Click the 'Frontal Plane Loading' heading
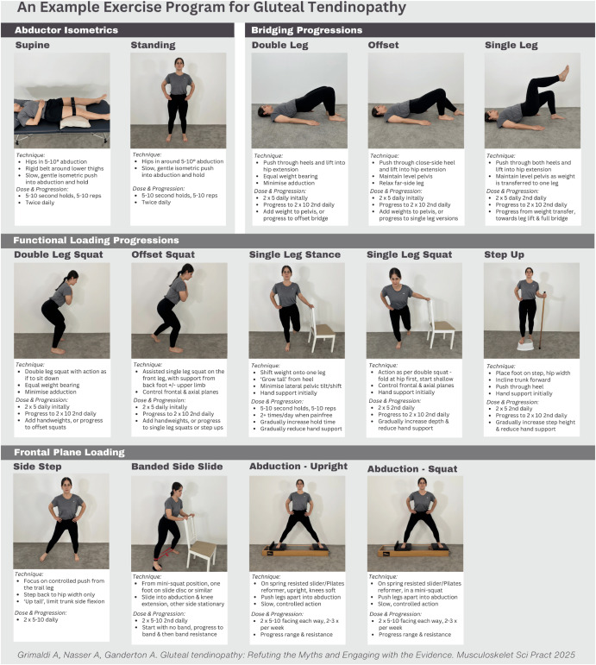pos(69,451)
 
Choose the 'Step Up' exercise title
pos(505,254)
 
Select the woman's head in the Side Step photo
pos(66,486)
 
